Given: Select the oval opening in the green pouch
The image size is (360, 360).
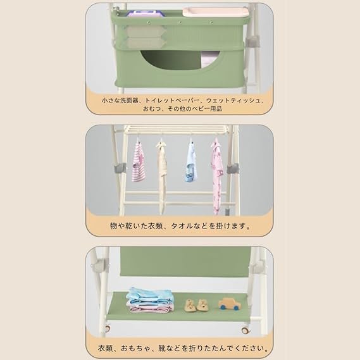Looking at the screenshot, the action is coord(180,59).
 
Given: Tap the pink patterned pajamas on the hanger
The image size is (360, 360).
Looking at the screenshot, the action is coord(217,177).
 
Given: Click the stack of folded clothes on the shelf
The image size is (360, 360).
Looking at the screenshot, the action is coord(149,300).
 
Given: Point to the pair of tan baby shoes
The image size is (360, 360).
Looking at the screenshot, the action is coord(196,306).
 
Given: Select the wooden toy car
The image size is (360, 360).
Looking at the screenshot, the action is coord(230,304).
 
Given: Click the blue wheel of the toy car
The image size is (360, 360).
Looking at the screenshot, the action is coord(222,307).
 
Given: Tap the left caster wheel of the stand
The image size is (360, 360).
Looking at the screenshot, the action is coord(107,328).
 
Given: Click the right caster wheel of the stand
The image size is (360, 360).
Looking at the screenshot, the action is coord(245,330).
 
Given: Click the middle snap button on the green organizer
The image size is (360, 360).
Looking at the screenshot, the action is coord(180,23).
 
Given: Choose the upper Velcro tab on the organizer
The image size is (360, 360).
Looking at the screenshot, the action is coord(144,32).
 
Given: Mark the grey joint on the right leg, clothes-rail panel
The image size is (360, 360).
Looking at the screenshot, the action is coord(233,169).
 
